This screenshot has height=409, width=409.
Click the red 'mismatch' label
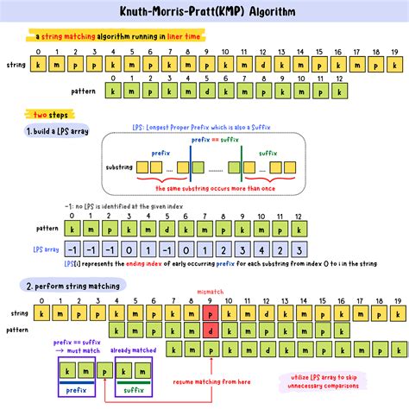pos(210,293)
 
